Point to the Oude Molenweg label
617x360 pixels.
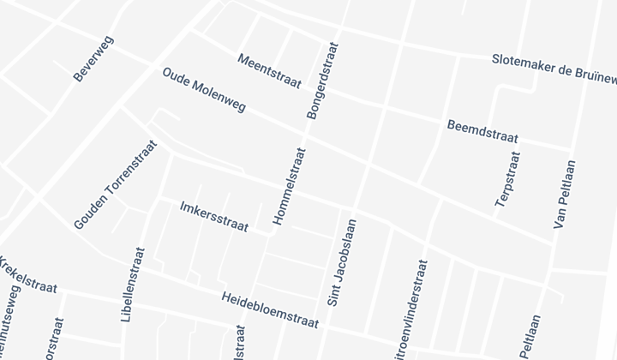[x=204, y=91]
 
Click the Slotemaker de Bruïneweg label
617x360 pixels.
[x=554, y=69]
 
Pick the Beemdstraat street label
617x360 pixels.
[x=483, y=130]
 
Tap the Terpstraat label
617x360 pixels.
[x=507, y=179]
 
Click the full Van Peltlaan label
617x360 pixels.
[x=563, y=195]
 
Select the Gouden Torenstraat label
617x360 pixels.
[x=116, y=184]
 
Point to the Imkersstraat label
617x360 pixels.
[x=214, y=217]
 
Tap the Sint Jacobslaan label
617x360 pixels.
[x=342, y=262]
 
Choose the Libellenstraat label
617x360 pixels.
[x=134, y=284]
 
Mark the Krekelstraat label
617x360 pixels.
[x=27, y=274]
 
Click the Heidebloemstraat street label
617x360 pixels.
[x=269, y=309]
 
